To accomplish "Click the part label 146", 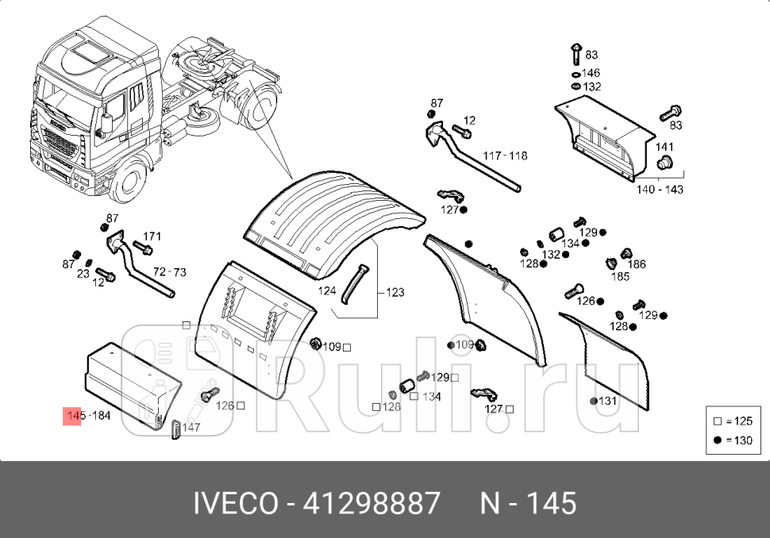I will coord(591,72).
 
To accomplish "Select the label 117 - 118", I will coord(506,156).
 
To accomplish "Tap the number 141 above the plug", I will coord(664,147).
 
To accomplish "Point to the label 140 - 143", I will coord(660,190).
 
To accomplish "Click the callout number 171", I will coord(152,236).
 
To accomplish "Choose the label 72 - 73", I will coord(169,272).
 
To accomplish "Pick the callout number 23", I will coord(83,272).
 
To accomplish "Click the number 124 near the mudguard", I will coord(328,291).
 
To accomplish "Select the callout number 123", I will coord(395,293).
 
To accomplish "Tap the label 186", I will coord(637,264).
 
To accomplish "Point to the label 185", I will coord(620,277).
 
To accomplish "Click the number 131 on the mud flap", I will coord(607,401).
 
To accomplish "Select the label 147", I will coord(191,427).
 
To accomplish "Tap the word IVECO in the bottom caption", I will coord(236,503).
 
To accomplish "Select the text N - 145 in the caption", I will coord(529,503).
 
